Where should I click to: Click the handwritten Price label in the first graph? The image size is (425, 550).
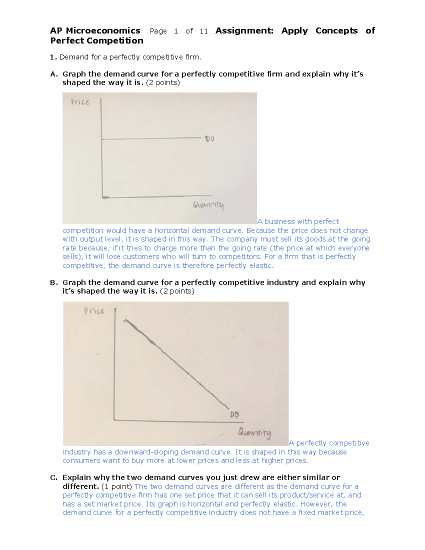(x=80, y=102)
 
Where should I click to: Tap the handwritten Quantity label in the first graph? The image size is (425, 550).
(x=208, y=205)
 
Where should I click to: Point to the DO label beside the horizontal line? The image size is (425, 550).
(x=210, y=139)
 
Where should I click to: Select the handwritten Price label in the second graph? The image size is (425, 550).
(x=94, y=311)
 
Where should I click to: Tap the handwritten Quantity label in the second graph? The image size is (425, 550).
(x=254, y=433)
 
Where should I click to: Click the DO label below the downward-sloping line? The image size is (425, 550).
(x=234, y=414)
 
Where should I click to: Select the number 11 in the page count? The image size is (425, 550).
(x=204, y=31)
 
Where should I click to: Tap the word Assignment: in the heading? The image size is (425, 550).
(x=244, y=31)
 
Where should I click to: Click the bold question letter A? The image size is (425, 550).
(x=53, y=74)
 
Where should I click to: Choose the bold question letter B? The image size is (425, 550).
(x=53, y=283)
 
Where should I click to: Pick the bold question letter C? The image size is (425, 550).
(x=53, y=477)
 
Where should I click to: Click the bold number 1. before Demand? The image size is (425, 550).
(x=53, y=57)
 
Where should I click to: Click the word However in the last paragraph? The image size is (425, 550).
(x=316, y=504)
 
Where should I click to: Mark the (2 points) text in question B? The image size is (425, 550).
(x=177, y=291)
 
